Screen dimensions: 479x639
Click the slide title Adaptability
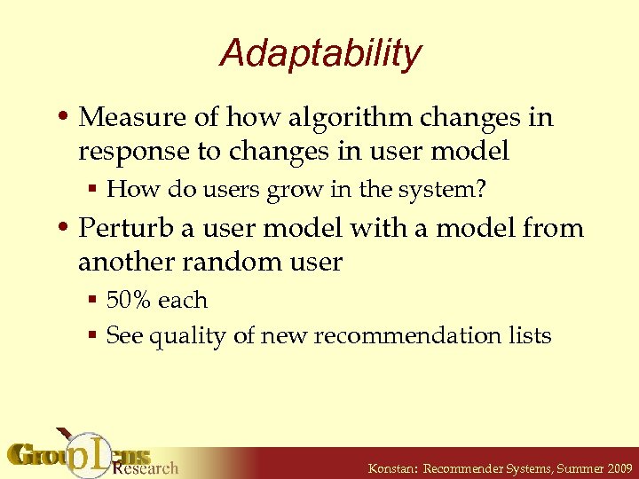[319, 53]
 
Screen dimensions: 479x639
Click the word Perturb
[126, 228]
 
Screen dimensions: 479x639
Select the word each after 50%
[184, 300]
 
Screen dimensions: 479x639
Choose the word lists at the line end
[530, 336]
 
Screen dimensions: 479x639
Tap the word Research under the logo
[146, 467]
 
